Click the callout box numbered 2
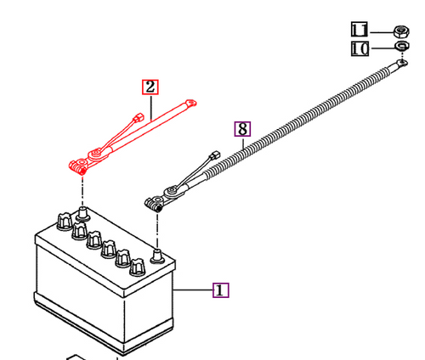150,87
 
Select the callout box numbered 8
242,129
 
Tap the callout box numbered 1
221,290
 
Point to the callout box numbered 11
360,30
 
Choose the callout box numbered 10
360,48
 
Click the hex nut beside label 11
401,31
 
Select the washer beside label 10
402,46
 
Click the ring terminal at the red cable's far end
191,103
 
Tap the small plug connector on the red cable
139,117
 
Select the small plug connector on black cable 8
215,155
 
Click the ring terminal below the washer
402,62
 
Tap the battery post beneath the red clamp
83,214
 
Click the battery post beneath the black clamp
157,256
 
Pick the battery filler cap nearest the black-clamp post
138,267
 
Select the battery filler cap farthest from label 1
65,221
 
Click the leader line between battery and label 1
193,290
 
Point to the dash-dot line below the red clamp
82,191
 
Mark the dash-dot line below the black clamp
157,231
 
